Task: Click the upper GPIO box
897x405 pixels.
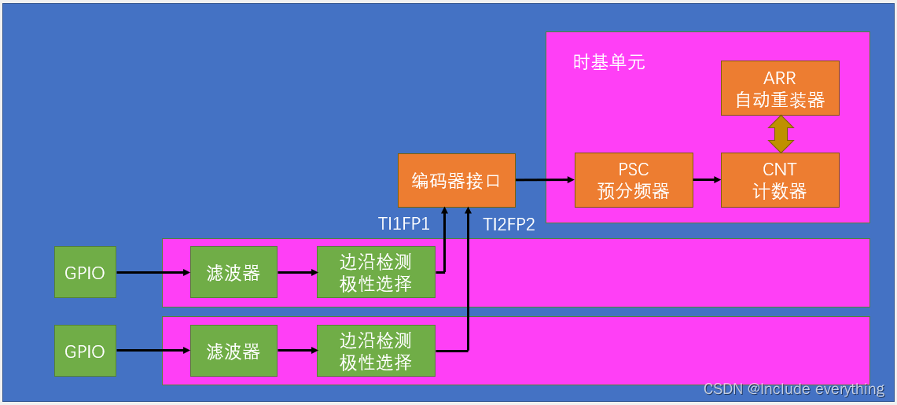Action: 85,272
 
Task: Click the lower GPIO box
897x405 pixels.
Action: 85,351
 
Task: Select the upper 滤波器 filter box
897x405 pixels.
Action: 233,272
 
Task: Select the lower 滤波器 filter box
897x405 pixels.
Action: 233,351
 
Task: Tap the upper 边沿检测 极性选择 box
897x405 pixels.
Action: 376,272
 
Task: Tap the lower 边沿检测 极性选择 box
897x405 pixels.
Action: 376,351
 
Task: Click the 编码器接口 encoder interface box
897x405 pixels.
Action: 456,180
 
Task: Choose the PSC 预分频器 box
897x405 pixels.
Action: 634,180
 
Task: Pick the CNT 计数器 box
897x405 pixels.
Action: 780,180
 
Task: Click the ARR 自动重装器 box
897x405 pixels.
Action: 780,88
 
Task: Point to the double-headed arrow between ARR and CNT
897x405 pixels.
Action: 781,134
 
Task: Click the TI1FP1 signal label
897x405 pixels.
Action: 404,224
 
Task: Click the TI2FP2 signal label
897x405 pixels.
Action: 509,224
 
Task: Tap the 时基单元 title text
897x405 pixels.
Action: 609,63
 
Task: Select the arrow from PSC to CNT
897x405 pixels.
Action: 707,180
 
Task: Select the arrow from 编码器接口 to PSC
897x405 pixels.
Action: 545,180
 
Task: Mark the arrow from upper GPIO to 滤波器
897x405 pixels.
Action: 153,273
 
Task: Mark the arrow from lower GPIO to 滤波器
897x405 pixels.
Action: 153,351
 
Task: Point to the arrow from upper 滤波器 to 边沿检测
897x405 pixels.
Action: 297,273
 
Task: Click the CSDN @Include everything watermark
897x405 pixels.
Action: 794,389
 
